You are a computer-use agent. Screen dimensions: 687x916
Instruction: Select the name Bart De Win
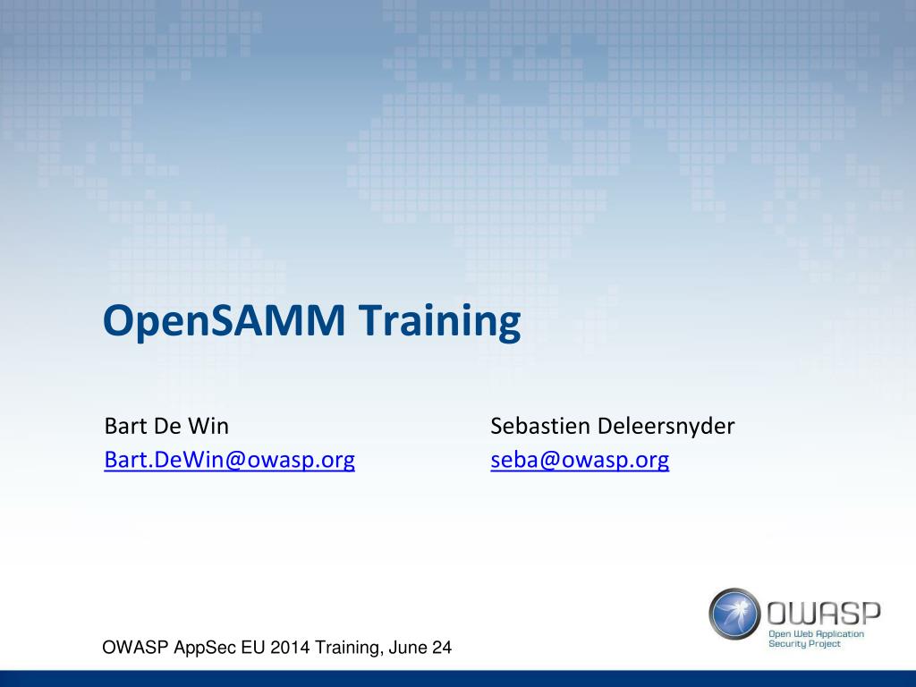coord(166,426)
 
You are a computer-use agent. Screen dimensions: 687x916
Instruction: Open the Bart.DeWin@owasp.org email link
coord(229,460)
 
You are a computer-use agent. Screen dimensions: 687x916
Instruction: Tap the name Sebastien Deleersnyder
coord(612,426)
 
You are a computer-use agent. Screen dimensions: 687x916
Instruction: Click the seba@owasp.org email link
coord(580,460)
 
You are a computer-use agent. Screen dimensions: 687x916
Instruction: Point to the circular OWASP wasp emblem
coord(735,615)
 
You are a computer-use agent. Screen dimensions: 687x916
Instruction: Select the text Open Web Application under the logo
coord(816,633)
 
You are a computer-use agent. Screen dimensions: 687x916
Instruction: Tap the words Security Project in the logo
coord(804,644)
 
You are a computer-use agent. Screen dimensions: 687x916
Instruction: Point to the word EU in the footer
coord(250,649)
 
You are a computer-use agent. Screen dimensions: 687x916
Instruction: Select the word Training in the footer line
coord(343,649)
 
